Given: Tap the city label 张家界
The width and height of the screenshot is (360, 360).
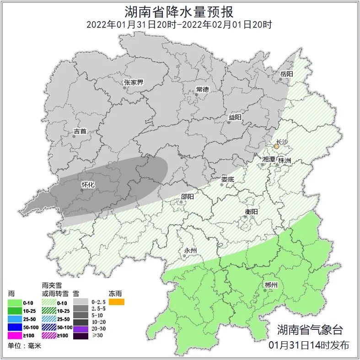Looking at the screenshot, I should pyautogui.click(x=134, y=83).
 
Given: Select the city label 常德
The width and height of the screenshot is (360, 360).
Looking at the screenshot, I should pyautogui.click(x=202, y=89).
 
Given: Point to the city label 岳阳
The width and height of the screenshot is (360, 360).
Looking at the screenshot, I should pyautogui.click(x=286, y=74).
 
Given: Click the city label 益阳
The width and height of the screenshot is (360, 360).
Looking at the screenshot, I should pyautogui.click(x=235, y=118).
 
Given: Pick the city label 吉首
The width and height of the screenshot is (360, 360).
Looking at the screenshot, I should pyautogui.click(x=80, y=132).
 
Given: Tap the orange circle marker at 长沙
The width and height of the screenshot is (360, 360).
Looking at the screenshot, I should pyautogui.click(x=276, y=147).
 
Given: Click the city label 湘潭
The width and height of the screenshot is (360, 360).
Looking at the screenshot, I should pyautogui.click(x=269, y=159).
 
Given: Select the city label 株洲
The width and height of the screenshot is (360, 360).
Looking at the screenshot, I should pyautogui.click(x=285, y=161).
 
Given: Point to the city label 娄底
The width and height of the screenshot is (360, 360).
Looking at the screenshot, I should pyautogui.click(x=227, y=180).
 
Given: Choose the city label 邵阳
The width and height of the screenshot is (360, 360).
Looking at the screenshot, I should pyautogui.click(x=187, y=197).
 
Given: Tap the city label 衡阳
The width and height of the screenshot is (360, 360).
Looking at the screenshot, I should pyautogui.click(x=251, y=212).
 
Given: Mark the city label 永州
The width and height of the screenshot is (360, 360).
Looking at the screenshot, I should pyautogui.click(x=190, y=251).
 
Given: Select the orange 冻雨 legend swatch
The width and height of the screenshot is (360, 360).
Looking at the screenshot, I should pyautogui.click(x=116, y=302).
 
